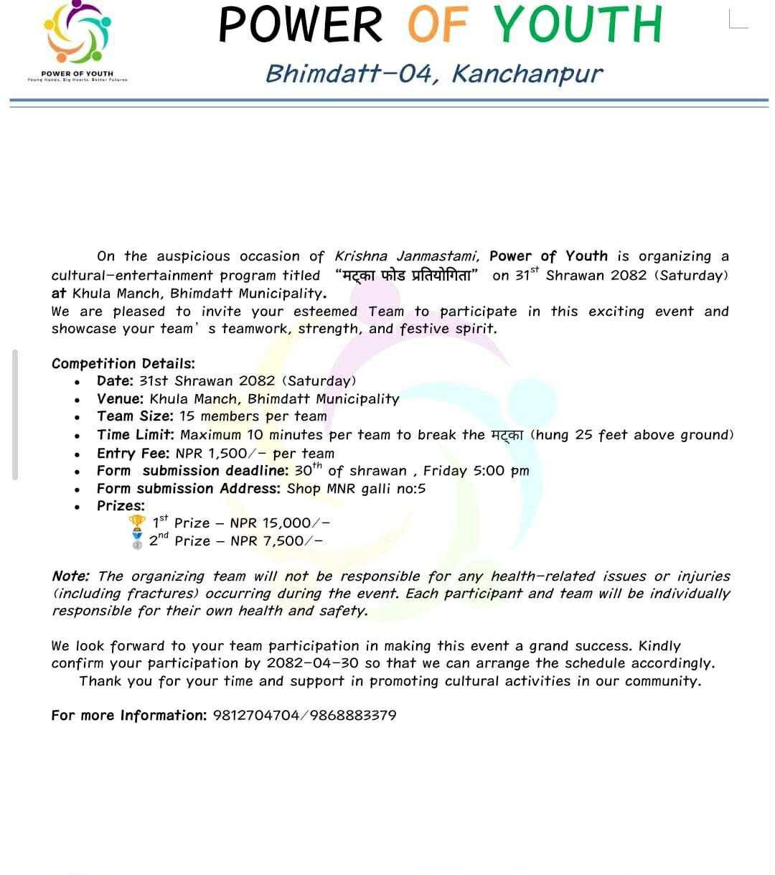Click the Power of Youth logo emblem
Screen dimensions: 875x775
(78, 32)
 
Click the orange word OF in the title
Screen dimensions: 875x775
(438, 24)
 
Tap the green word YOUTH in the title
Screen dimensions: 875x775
(577, 24)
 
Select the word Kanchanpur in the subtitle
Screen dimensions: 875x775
(527, 73)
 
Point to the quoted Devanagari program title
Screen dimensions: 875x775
(407, 276)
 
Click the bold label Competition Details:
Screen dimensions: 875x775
(123, 363)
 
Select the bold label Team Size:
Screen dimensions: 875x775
(135, 416)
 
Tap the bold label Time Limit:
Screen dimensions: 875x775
(136, 434)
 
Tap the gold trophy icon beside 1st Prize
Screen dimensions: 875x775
(136, 522)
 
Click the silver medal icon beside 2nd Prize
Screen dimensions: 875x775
(137, 540)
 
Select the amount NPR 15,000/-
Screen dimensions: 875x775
(280, 523)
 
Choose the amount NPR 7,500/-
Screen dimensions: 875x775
(276, 541)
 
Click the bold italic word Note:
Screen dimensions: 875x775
(70, 576)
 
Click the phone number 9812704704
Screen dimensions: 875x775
(256, 716)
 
